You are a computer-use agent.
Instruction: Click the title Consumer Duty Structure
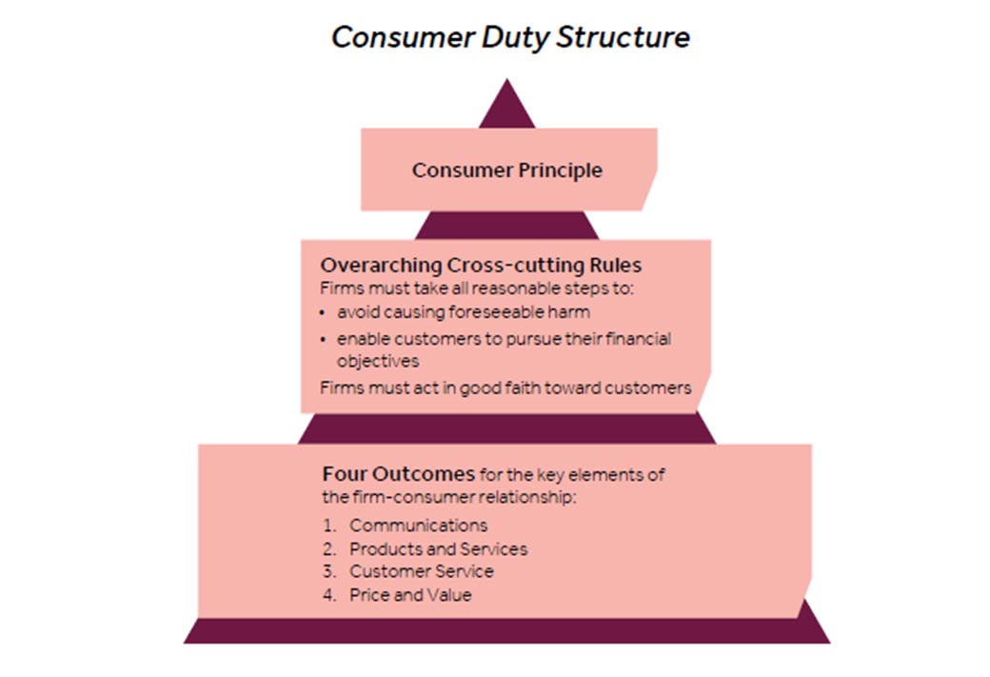[509, 37]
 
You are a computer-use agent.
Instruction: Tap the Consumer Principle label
[506, 170]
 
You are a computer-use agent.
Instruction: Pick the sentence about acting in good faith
[505, 388]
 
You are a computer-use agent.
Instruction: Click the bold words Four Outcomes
[398, 473]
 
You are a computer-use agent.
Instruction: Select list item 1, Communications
[418, 525]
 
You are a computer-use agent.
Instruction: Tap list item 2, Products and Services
[438, 548]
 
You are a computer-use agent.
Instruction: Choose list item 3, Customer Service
[421, 571]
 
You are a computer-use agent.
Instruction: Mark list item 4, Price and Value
[410, 595]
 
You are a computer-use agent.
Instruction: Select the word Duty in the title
[515, 37]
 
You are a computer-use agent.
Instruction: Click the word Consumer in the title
[400, 37]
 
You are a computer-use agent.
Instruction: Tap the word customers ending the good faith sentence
[655, 388]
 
